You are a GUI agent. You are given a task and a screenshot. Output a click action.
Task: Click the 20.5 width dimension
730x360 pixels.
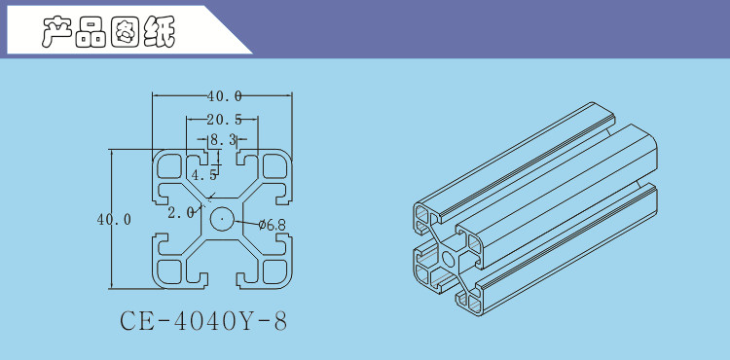(225, 120)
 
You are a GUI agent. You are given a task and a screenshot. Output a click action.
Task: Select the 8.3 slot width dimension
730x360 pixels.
(223, 139)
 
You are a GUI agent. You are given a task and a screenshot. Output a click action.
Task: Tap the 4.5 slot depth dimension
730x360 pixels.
(204, 175)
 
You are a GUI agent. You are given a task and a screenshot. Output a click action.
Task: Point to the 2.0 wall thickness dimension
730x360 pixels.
(181, 213)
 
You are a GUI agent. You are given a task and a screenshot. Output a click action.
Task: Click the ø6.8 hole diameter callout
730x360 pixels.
(272, 225)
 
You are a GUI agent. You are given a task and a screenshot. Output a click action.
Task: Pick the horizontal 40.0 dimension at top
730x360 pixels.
(225, 96)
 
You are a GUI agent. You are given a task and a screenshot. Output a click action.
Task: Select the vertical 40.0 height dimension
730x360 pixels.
(114, 220)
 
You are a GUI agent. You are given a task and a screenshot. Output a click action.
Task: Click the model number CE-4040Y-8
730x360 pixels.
(203, 321)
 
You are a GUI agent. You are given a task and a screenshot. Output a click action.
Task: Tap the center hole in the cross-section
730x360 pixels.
(222, 219)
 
